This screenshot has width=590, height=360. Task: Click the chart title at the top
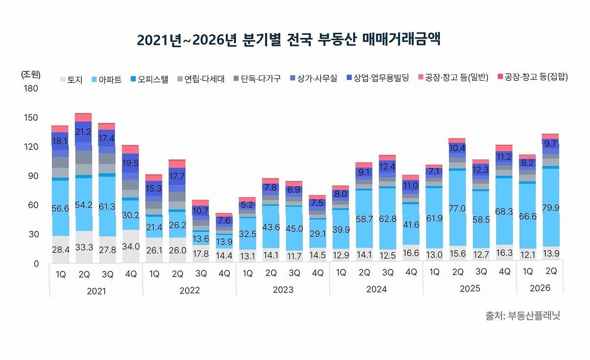(x=289, y=40)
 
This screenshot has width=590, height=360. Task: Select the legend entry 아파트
(x=107, y=79)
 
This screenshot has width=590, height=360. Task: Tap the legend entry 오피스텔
(x=149, y=79)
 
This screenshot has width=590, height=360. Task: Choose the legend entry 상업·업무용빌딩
(x=378, y=78)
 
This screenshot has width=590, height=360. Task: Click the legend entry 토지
(x=71, y=79)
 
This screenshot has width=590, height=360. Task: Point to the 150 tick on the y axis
(x=31, y=117)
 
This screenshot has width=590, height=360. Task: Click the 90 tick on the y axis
(x=33, y=176)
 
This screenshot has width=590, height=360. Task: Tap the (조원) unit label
(x=30, y=74)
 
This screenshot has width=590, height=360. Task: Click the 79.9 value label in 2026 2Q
(x=550, y=208)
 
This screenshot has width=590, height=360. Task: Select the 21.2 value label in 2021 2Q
(x=83, y=132)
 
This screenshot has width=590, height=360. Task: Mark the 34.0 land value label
(x=131, y=247)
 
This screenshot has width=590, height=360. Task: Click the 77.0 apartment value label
(x=457, y=208)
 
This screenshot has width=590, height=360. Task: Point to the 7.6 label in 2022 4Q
(x=224, y=220)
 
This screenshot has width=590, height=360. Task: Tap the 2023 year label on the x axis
(x=283, y=290)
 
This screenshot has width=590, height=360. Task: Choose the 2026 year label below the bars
(x=540, y=288)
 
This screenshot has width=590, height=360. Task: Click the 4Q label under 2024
(x=411, y=272)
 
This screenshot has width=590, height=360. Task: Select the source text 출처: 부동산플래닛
(x=522, y=315)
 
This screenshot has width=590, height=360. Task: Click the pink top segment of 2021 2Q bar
(x=83, y=117)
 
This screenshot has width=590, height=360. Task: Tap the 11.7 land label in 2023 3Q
(x=294, y=256)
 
